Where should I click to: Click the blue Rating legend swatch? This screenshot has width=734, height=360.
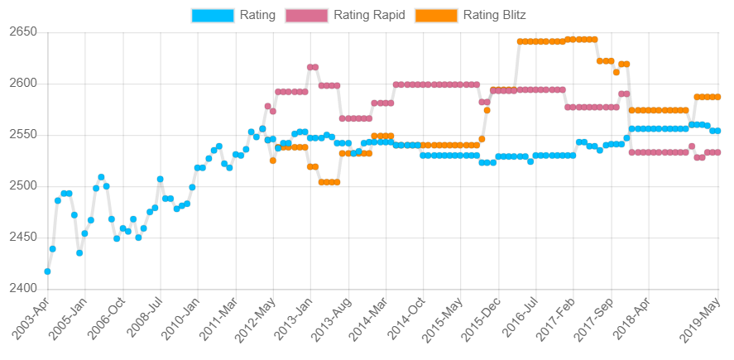tap(212, 15)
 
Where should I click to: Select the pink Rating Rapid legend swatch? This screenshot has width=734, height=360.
tap(306, 15)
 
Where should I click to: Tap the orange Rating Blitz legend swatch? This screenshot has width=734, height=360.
tap(435, 15)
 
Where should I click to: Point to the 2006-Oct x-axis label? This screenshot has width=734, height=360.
tap(106, 319)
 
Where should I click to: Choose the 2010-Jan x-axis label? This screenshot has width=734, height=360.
tap(180, 319)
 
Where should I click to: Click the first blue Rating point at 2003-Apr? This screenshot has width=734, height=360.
tap(47, 271)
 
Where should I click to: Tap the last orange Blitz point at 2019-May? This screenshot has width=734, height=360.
tap(717, 97)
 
